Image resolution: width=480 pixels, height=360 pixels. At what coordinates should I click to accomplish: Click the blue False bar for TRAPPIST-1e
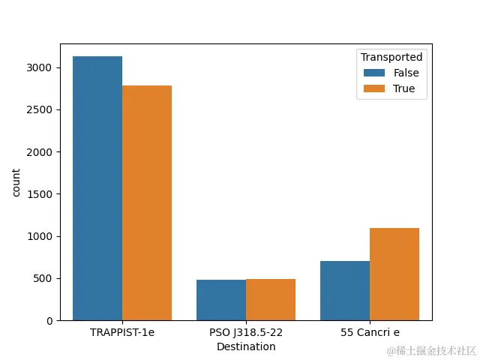coord(97,188)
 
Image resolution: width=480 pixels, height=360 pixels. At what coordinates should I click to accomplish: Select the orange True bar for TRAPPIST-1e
coord(147,202)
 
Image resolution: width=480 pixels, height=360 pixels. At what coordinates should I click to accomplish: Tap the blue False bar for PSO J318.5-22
coord(221,300)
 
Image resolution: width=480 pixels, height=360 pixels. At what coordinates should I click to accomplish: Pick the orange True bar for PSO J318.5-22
coord(271,299)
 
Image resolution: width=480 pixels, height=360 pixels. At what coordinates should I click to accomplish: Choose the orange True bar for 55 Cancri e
coord(394,274)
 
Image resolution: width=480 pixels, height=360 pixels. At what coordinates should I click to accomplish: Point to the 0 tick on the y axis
coord(49,321)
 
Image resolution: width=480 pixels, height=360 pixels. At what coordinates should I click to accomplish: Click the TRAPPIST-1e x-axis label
coord(122,332)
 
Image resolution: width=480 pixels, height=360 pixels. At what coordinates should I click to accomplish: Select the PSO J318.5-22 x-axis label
coord(246,332)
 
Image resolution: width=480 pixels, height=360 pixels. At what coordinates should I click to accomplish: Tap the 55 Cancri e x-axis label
coord(370,332)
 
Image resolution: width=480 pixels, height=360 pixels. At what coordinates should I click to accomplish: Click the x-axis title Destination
coord(246,346)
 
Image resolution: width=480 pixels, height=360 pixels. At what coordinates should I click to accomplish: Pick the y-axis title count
coord(16,182)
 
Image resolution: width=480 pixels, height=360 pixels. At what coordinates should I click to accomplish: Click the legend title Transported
coord(391,57)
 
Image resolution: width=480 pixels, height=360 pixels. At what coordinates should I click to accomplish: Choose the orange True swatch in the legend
coord(373,88)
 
